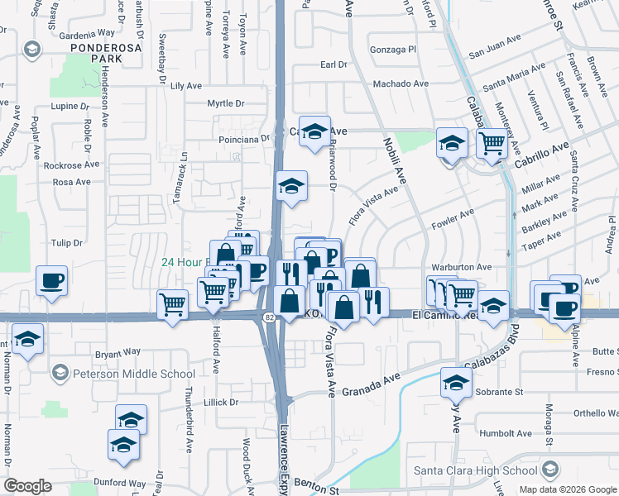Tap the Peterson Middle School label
click(133, 374)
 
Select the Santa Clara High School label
click(476, 471)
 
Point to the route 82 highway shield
click(270, 317)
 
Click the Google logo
click(28, 486)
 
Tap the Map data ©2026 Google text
click(567, 489)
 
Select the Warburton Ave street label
click(461, 268)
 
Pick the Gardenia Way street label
click(87, 33)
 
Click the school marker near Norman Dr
click(27, 339)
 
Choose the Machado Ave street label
click(401, 83)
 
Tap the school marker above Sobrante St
click(455, 382)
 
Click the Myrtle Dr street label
click(226, 103)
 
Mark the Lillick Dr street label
click(221, 403)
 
